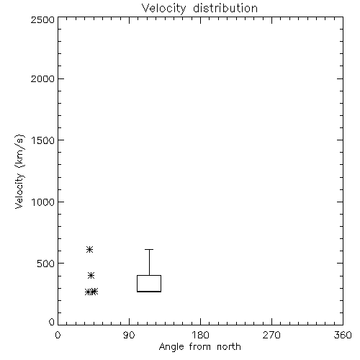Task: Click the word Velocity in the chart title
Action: point(163,9)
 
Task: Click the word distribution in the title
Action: point(225,8)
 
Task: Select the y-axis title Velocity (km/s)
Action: point(19,171)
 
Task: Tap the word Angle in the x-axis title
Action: point(171,347)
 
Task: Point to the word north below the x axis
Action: point(229,347)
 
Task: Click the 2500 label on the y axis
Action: point(42,19)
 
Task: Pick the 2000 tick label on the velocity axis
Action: point(42,78)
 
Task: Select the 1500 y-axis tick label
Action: point(43,140)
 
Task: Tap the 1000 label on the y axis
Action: point(43,202)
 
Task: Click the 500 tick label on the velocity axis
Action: point(46,264)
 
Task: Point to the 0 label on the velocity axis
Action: point(52,322)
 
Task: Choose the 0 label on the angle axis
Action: point(58,335)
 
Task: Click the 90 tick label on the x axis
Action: point(129,335)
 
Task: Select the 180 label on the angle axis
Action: point(200,335)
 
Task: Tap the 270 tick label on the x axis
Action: point(271,335)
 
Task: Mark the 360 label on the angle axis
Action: point(343,335)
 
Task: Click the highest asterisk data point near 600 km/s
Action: point(89,250)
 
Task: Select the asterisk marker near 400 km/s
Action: point(91,275)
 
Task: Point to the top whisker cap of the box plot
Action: point(149,250)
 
